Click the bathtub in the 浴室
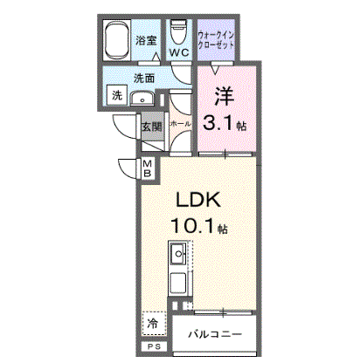tap(117, 40)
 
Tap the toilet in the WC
tap(179, 31)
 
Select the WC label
tap(179, 52)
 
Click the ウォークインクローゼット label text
tap(216, 40)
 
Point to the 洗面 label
tap(144, 79)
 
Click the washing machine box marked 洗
tap(117, 95)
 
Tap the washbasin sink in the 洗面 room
tap(142, 99)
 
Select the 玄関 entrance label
tap(152, 127)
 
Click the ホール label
tap(180, 124)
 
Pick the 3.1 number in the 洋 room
tap(218, 123)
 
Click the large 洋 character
tap(225, 97)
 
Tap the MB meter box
tap(148, 169)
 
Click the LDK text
tap(197, 201)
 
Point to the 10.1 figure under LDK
tap(192, 226)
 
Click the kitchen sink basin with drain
tap(178, 253)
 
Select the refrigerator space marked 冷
tap(155, 324)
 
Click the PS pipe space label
tap(154, 346)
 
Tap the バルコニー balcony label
tap(215, 334)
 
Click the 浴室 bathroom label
tap(146, 40)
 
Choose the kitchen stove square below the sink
tap(178, 284)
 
